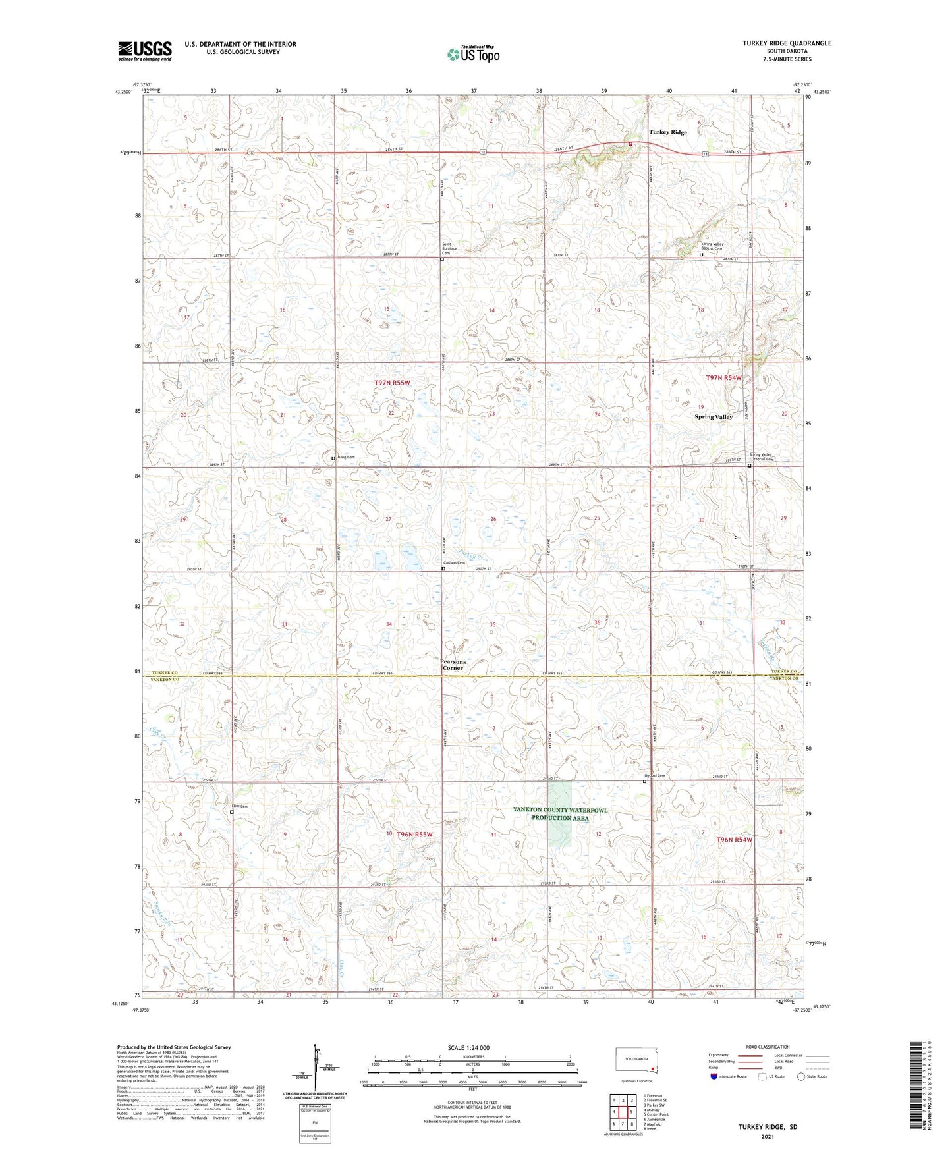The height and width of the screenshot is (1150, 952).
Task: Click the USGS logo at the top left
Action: (145, 51)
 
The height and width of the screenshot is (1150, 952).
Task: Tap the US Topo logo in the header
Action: (472, 53)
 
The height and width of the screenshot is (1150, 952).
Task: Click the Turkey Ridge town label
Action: (667, 132)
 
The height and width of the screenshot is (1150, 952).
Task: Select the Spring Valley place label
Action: (713, 417)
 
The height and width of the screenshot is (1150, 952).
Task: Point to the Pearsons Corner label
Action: (453, 665)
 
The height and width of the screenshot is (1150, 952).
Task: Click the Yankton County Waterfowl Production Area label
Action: (560, 814)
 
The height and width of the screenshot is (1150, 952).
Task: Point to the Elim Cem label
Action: (239, 807)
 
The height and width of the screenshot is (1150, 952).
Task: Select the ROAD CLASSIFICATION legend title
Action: (768, 1047)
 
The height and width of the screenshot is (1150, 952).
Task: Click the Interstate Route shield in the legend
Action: (714, 1076)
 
